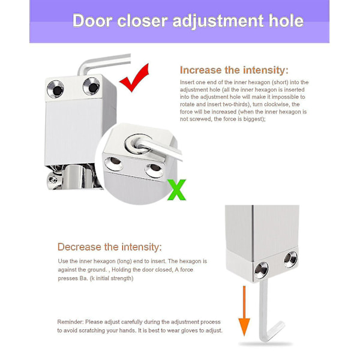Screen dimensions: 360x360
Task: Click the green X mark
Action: [x=176, y=190]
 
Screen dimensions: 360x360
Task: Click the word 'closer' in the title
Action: [x=142, y=21]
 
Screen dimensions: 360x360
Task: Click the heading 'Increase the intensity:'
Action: [x=234, y=70]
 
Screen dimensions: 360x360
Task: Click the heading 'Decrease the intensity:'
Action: [x=110, y=247]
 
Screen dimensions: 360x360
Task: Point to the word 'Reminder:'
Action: [x=70, y=322]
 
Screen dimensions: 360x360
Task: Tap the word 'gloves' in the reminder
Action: [x=190, y=331]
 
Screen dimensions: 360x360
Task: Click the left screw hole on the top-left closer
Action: [x=56, y=89]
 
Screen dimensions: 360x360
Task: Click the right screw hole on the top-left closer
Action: [x=91, y=86]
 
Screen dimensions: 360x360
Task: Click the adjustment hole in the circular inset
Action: [x=138, y=144]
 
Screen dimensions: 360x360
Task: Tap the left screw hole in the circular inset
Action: [x=113, y=163]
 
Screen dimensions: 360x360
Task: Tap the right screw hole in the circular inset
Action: [x=154, y=170]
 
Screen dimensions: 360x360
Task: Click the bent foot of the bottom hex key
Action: [x=275, y=331]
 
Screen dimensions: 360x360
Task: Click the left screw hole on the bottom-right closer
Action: [x=261, y=270]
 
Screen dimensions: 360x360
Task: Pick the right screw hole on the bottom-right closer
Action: [x=290, y=260]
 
